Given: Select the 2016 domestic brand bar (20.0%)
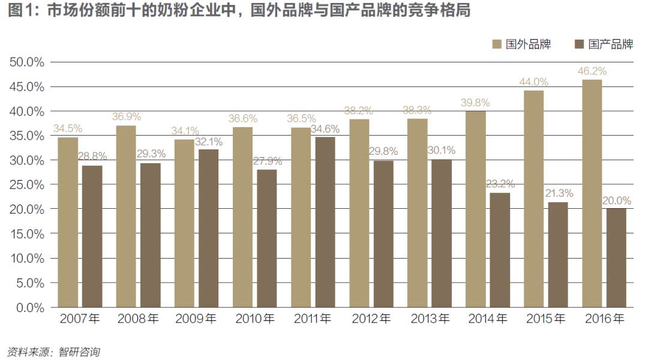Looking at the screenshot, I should [x=616, y=258].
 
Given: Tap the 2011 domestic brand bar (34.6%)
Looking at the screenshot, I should [x=325, y=222].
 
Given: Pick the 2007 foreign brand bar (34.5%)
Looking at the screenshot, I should [x=68, y=222].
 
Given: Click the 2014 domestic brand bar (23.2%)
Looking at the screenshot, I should [x=499, y=250].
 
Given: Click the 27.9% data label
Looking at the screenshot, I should [x=266, y=161].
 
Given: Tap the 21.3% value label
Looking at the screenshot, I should [x=558, y=193].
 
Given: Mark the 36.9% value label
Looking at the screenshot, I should [x=126, y=116].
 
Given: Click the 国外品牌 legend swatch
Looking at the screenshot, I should [x=497, y=44].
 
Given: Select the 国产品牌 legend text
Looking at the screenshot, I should [x=610, y=44].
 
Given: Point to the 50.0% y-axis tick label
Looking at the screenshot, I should [x=26, y=62].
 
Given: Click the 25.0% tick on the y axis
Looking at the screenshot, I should [x=26, y=185].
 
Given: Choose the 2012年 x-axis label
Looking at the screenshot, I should [x=371, y=319].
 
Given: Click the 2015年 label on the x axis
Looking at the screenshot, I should [x=546, y=319].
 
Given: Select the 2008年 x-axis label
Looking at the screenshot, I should [x=138, y=319].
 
